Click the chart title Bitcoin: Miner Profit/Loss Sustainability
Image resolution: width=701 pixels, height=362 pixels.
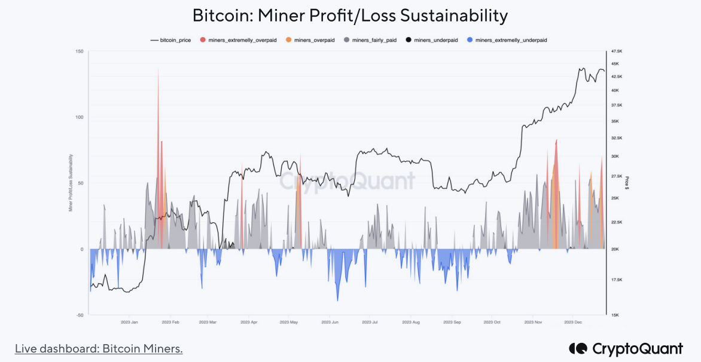pyautogui.click(x=350, y=16)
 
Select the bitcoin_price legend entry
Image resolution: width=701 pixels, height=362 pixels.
pyautogui.click(x=171, y=40)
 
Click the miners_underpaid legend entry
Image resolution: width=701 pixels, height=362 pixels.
pyautogui.click(x=432, y=40)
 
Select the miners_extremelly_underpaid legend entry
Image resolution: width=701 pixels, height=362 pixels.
pyautogui.click(x=507, y=40)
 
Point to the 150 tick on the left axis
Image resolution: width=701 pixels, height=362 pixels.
pyautogui.click(x=79, y=51)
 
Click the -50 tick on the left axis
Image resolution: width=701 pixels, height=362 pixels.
pyautogui.click(x=79, y=315)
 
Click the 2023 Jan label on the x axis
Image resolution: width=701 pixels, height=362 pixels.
pyautogui.click(x=130, y=322)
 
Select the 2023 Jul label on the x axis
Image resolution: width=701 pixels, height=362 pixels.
pyautogui.click(x=370, y=322)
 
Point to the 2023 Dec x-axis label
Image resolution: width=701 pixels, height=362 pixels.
pyautogui.click(x=573, y=322)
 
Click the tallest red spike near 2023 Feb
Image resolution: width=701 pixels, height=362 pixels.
pyautogui.click(x=158, y=70)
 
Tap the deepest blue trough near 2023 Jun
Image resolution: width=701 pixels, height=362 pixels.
pyautogui.click(x=338, y=300)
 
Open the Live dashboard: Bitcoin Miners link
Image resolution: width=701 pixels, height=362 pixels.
pyautogui.click(x=99, y=348)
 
